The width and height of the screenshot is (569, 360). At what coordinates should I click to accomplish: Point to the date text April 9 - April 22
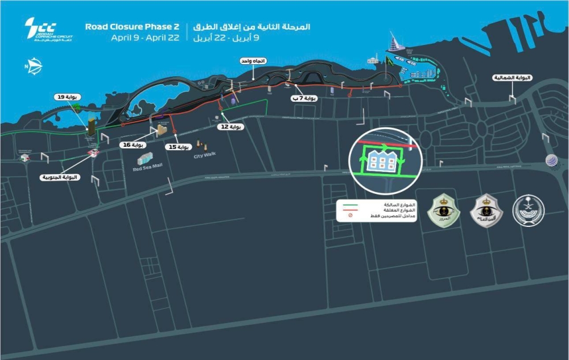tap(145, 38)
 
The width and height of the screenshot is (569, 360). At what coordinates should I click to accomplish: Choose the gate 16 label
tap(133, 145)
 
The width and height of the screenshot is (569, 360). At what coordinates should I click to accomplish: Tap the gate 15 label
tap(178, 147)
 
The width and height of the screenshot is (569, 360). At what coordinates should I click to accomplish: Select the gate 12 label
tap(231, 127)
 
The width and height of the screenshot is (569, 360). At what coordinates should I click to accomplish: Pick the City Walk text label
tap(205, 155)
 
